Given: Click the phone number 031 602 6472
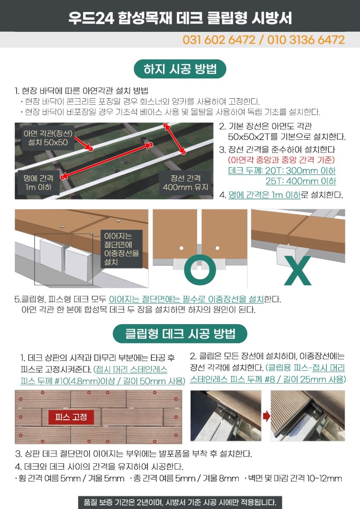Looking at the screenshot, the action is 219,40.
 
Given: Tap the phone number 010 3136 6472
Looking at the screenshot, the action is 306,40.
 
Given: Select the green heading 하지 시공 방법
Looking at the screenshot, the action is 180,69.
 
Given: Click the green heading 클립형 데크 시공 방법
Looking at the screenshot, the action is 180,334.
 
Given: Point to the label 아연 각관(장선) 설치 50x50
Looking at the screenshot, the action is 48,137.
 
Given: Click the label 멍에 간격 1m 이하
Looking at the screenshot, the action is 38,182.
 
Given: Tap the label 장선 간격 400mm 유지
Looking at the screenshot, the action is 185,182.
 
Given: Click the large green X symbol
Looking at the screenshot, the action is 297,271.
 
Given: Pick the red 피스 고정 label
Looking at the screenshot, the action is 71,417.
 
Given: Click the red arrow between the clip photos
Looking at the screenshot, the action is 266,416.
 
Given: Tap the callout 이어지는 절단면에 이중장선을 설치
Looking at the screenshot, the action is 122,249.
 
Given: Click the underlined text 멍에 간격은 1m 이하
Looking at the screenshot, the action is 264,195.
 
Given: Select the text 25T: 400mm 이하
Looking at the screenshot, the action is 301,181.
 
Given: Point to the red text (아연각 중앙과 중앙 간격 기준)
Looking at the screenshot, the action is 281,160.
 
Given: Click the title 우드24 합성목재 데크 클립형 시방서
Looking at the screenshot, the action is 180,18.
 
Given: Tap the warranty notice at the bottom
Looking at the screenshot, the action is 180,502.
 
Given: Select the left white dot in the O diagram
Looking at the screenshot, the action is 182,248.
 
